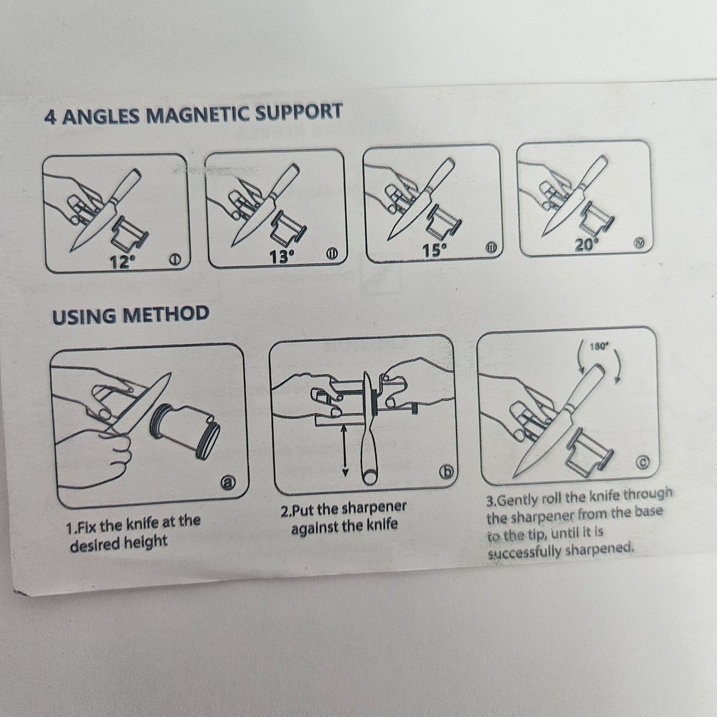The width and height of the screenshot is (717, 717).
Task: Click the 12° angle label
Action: click(x=123, y=262)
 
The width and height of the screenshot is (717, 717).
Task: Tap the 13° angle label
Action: click(x=282, y=257)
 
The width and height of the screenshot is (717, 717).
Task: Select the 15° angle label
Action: click(x=434, y=250)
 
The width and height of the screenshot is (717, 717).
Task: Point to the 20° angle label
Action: click(x=587, y=245)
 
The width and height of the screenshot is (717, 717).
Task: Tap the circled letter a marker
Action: click(x=228, y=483)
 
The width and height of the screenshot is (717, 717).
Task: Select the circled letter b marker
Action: click(x=446, y=473)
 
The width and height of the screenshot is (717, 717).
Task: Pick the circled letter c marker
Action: click(x=642, y=463)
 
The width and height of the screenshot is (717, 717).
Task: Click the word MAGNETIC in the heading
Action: click(x=198, y=114)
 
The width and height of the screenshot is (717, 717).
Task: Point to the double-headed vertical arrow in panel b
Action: click(x=345, y=450)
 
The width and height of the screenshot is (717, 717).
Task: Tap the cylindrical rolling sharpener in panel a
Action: click(x=185, y=429)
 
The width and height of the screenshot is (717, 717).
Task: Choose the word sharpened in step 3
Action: click(x=599, y=549)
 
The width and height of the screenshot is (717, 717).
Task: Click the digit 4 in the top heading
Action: click(x=50, y=118)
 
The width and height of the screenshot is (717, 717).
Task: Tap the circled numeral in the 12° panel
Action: click(x=174, y=260)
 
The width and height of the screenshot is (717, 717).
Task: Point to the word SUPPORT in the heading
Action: click(x=298, y=112)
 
